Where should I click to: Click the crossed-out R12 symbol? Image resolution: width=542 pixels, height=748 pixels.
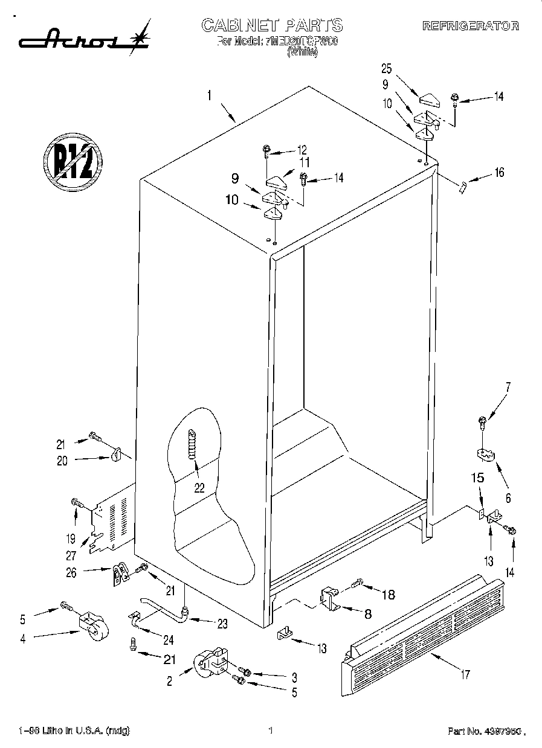pos(73,161)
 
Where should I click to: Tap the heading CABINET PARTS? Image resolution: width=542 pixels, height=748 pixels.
pos(272,25)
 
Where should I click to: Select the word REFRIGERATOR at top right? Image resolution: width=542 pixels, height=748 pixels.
pos(470,26)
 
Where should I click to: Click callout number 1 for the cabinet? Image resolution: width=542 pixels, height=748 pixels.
pos(209,95)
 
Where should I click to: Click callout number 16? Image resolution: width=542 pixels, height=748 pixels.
pos(498,173)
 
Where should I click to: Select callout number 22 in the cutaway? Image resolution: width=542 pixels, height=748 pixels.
pos(199,488)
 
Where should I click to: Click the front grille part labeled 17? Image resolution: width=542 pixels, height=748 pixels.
pos(423,634)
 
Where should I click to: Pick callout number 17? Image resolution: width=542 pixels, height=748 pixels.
pos(465,674)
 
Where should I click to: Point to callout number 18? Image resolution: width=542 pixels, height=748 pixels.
pos(388,595)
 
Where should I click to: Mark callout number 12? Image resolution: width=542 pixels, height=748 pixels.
pos(302,150)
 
